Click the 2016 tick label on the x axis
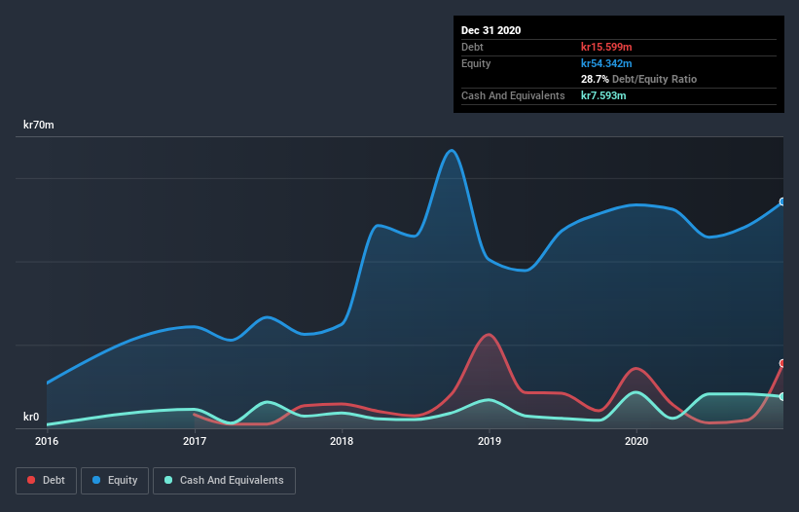[47, 441]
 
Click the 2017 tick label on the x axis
[195, 441]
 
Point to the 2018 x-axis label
[342, 441]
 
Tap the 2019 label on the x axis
[490, 441]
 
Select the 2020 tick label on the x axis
[636, 441]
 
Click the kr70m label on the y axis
[39, 125]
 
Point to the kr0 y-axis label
[31, 418]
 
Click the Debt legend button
[46, 480]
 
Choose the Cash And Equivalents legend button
[224, 480]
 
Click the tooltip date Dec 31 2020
[490, 30]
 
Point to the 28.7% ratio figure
[595, 79]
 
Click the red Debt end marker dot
[782, 363]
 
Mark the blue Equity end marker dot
[782, 202]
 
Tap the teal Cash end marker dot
[782, 396]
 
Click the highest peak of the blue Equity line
[451, 150]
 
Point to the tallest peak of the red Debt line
[488, 335]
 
